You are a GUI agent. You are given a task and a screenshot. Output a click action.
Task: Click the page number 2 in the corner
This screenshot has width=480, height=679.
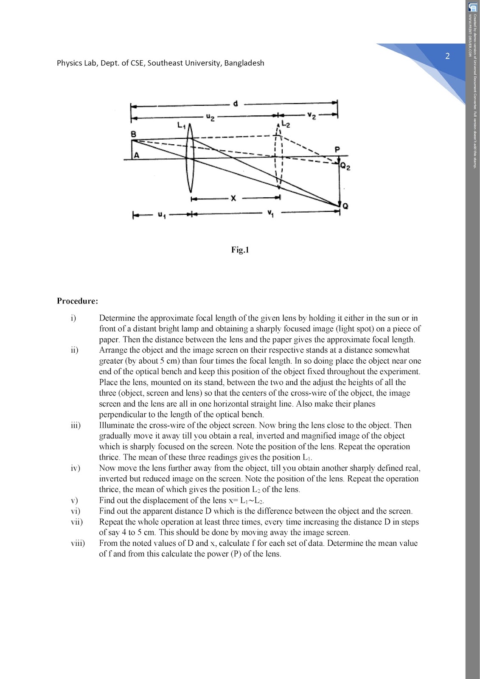pyautogui.click(x=447, y=56)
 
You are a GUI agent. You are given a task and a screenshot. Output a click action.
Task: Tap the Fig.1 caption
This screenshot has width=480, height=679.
pyautogui.click(x=240, y=250)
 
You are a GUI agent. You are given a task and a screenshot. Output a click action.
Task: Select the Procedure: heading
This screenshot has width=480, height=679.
pyautogui.click(x=77, y=301)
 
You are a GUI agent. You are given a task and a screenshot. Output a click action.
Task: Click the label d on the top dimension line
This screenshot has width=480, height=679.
pyautogui.click(x=236, y=103)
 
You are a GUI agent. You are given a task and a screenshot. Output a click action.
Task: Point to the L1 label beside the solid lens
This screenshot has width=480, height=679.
pyautogui.click(x=181, y=126)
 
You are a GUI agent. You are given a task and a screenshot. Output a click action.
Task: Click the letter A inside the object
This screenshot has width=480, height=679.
pyautogui.click(x=136, y=156)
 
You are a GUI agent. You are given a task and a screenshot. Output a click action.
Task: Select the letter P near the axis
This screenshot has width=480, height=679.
pyautogui.click(x=338, y=149)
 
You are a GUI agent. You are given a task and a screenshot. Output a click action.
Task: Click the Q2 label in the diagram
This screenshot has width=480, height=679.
pyautogui.click(x=345, y=167)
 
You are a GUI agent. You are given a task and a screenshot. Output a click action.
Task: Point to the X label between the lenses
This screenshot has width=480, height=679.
pyautogui.click(x=233, y=198)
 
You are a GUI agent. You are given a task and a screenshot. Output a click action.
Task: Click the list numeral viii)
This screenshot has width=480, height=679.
pyautogui.click(x=78, y=543)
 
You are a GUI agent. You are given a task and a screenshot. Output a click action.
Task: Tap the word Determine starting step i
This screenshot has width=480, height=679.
pyautogui.click(x=116, y=318)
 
